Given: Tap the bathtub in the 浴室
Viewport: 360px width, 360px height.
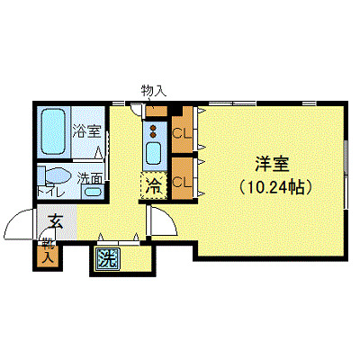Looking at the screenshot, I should pos(53,133).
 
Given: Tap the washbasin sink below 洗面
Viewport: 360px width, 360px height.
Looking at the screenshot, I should pos(92,190).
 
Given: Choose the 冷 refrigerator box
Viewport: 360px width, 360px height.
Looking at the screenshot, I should pos(154,186).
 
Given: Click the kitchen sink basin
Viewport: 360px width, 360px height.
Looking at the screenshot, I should pos(153,151).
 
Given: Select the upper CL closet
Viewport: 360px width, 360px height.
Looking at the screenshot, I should pos(181,136).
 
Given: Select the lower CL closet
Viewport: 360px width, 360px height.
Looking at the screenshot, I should pos(181,181).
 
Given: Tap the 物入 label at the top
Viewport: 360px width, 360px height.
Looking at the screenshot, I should pos(154,89).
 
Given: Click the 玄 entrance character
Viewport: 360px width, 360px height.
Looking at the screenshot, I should pos(55,219).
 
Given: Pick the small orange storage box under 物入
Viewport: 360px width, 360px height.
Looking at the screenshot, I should pos(157,112).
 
